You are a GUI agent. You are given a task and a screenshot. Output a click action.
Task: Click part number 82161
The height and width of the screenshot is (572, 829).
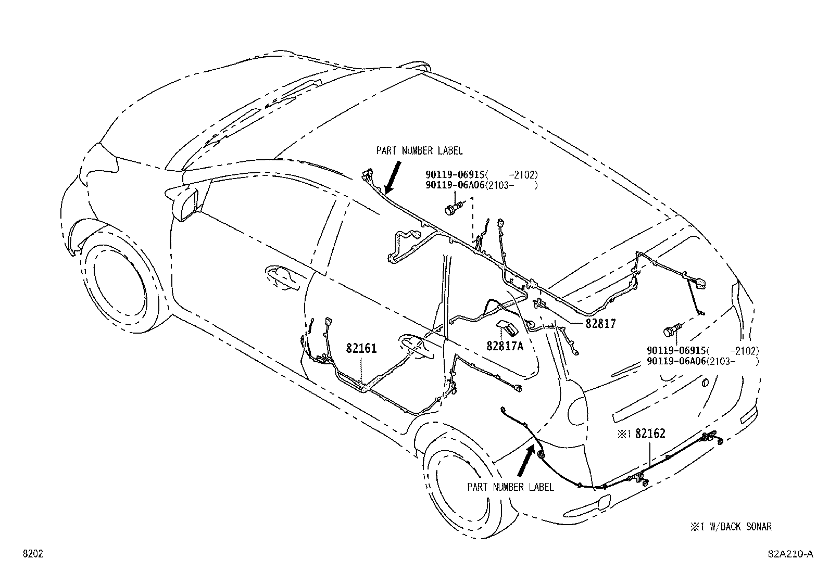[x=361, y=348]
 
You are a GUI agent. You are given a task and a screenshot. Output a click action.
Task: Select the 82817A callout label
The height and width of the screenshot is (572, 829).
[x=505, y=346]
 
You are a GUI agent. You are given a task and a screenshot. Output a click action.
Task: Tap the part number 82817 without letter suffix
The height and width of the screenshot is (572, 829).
[x=600, y=324]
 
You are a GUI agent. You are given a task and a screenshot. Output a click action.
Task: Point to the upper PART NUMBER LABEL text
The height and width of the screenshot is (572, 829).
[x=419, y=151]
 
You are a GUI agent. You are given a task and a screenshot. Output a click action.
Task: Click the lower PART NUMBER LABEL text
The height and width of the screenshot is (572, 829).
[x=510, y=487]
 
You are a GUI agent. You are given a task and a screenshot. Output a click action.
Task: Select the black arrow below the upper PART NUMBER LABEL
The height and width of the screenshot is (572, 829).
[x=392, y=177]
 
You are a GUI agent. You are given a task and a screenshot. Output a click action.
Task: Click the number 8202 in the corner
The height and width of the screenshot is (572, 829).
[x=32, y=554]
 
